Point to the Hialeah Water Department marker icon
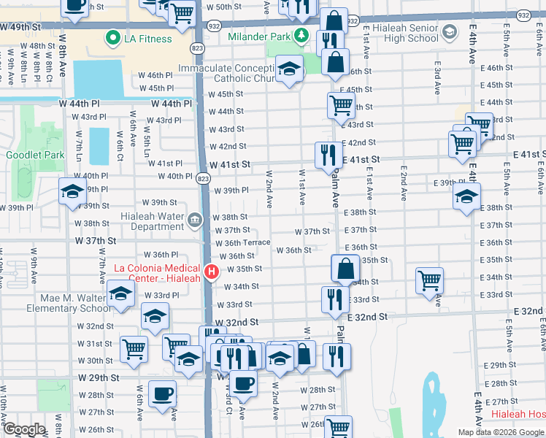pyautogui.click(x=195, y=220)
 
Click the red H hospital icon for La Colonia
pyautogui.click(x=212, y=272)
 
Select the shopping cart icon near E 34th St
pyautogui.click(x=430, y=280)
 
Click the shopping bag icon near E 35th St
pyautogui.click(x=345, y=268)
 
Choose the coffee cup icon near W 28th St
pyautogui.click(x=162, y=394)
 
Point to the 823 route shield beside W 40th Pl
pyautogui.click(x=204, y=178)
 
